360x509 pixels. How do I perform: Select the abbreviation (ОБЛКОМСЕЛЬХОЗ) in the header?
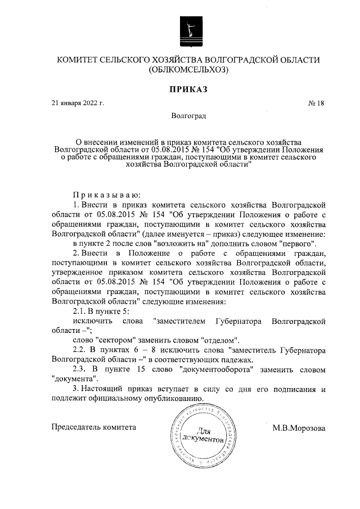[188, 71]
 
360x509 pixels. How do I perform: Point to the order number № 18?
[317, 103]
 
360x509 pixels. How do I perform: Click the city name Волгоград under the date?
[188, 117]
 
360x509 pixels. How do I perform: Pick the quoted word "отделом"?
[221, 340]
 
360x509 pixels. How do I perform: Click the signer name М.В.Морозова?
[299, 428]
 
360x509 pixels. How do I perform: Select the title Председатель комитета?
[94, 427]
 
